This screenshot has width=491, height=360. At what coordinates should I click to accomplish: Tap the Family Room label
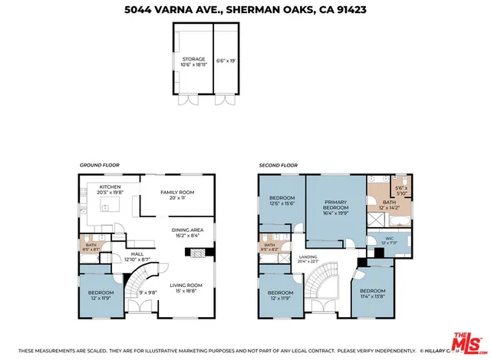pyautogui.click(x=177, y=194)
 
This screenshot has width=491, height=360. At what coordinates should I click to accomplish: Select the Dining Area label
pyautogui.click(x=186, y=233)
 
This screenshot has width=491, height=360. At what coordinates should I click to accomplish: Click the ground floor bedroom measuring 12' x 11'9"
pyautogui.click(x=101, y=296)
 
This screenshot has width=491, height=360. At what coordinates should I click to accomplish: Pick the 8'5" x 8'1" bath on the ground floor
pyautogui.click(x=90, y=247)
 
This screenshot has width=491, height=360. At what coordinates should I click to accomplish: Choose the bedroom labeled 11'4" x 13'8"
pyautogui.click(x=373, y=293)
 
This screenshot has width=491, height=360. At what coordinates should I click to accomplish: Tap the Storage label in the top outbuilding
pyautogui.click(x=193, y=62)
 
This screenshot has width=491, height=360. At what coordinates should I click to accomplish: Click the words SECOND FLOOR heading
pyautogui.click(x=278, y=165)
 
